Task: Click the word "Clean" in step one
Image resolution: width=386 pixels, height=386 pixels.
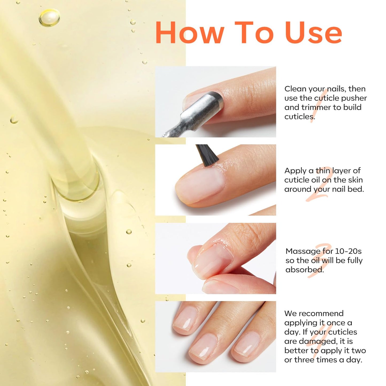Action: point(295,89)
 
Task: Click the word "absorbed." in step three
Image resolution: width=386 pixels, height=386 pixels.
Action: point(305,270)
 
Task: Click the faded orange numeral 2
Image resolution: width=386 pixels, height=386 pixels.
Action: point(319,184)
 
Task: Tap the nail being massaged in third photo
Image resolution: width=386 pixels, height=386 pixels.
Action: point(211,260)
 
